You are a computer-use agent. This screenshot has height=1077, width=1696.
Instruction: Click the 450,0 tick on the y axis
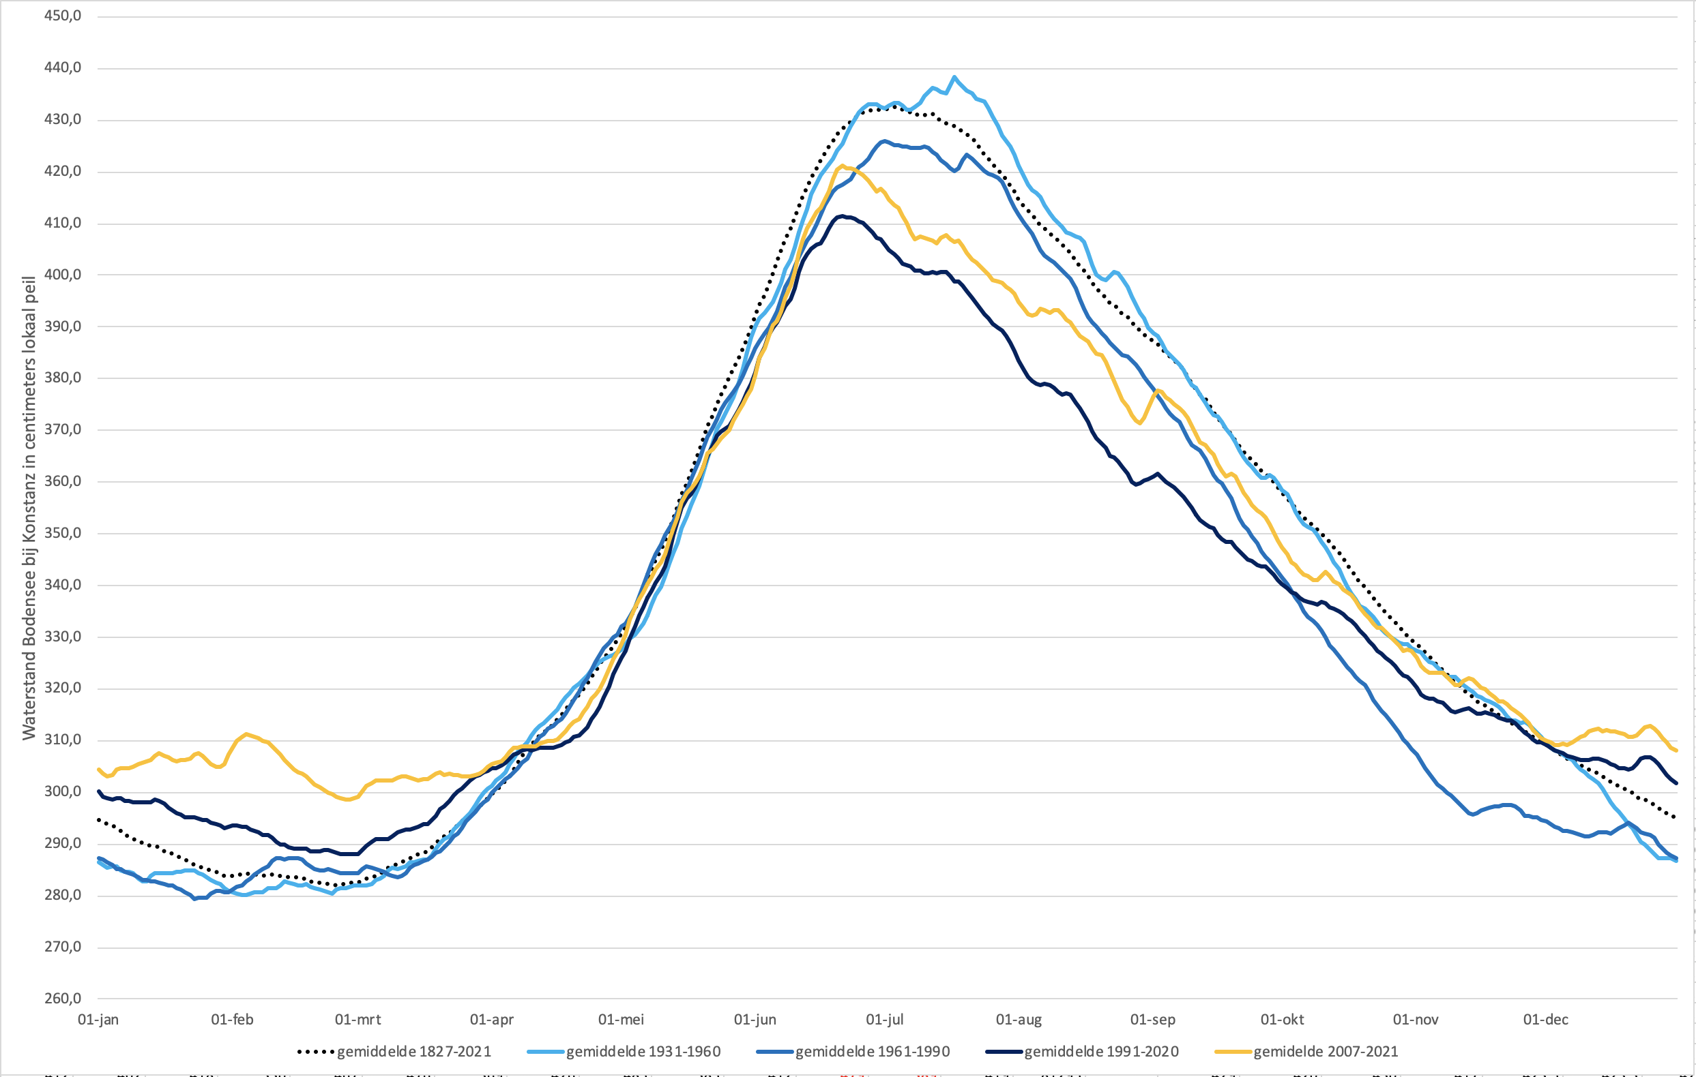pyautogui.click(x=62, y=16)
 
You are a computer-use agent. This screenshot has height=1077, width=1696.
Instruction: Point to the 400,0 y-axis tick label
pyautogui.click(x=62, y=275)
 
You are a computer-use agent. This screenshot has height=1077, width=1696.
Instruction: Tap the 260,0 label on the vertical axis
pyautogui.click(x=62, y=998)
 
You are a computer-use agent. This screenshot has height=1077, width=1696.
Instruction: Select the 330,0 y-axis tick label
pyautogui.click(x=62, y=637)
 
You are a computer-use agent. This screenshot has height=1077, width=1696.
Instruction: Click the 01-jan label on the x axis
pyautogui.click(x=98, y=1019)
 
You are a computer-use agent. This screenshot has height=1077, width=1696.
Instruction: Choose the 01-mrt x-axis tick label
pyautogui.click(x=357, y=1019)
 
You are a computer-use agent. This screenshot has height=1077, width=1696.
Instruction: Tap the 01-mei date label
pyautogui.click(x=621, y=1019)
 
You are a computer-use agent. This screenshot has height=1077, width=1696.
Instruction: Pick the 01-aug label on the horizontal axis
pyautogui.click(x=1019, y=1019)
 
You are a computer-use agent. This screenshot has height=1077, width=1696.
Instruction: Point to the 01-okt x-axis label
pyautogui.click(x=1282, y=1019)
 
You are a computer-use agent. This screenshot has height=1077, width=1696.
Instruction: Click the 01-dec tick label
pyautogui.click(x=1545, y=1019)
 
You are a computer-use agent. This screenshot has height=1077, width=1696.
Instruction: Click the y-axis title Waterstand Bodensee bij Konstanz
pyautogui.click(x=29, y=507)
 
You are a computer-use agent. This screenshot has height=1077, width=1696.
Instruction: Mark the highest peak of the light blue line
pyautogui.click(x=954, y=78)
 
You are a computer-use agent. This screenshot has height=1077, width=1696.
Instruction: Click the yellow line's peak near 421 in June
pyautogui.click(x=843, y=166)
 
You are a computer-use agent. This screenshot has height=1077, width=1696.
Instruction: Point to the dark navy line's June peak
pyautogui.click(x=841, y=216)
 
